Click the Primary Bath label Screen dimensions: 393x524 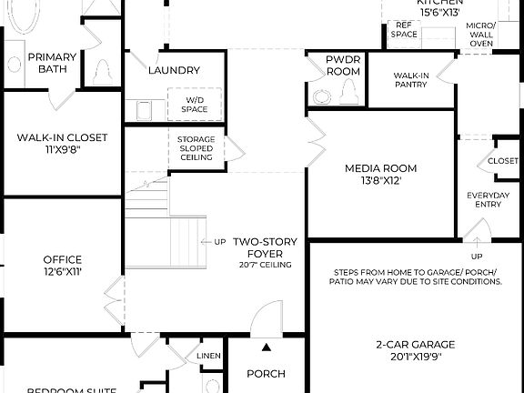pyautogui.click(x=52, y=63)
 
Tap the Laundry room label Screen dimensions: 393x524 pyautogui.click(x=174, y=70)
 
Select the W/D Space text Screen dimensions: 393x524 pyautogui.click(x=195, y=105)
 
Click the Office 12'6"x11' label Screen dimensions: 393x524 pyautogui.click(x=62, y=266)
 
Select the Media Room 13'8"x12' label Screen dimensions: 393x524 pyautogui.click(x=380, y=174)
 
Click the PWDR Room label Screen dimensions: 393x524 pyautogui.click(x=343, y=65)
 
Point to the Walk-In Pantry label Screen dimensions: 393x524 pyautogui.click(x=411, y=80)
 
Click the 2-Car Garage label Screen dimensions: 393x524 pyautogui.click(x=415, y=350)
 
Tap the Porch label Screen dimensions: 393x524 pyautogui.click(x=266, y=374)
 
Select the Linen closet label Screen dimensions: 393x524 pyautogui.click(x=208, y=355)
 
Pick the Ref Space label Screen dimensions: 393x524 pyautogui.click(x=404, y=30)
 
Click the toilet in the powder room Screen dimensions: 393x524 pyautogui.click(x=348, y=89)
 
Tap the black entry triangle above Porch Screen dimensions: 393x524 pyautogui.click(x=266, y=348)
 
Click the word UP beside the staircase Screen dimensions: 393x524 pyautogui.click(x=219, y=242)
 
